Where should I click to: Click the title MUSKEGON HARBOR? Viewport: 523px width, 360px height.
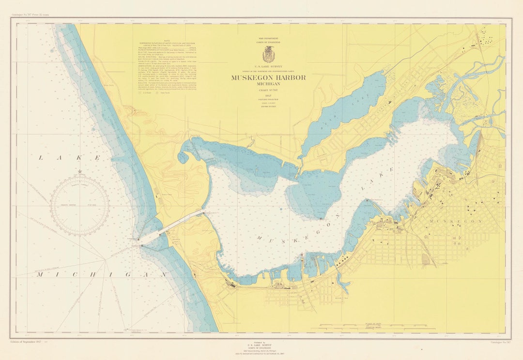coord(268,78)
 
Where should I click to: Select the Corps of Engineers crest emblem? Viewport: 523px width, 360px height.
coord(268,55)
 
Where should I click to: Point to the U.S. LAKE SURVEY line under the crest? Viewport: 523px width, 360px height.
coord(268,67)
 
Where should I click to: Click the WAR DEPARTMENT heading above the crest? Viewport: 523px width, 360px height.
coord(268,38)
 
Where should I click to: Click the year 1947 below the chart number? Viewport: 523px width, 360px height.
coord(268,96)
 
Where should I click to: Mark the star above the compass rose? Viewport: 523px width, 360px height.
coord(80,171)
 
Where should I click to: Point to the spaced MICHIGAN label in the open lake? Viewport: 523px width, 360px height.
coord(101,275)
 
